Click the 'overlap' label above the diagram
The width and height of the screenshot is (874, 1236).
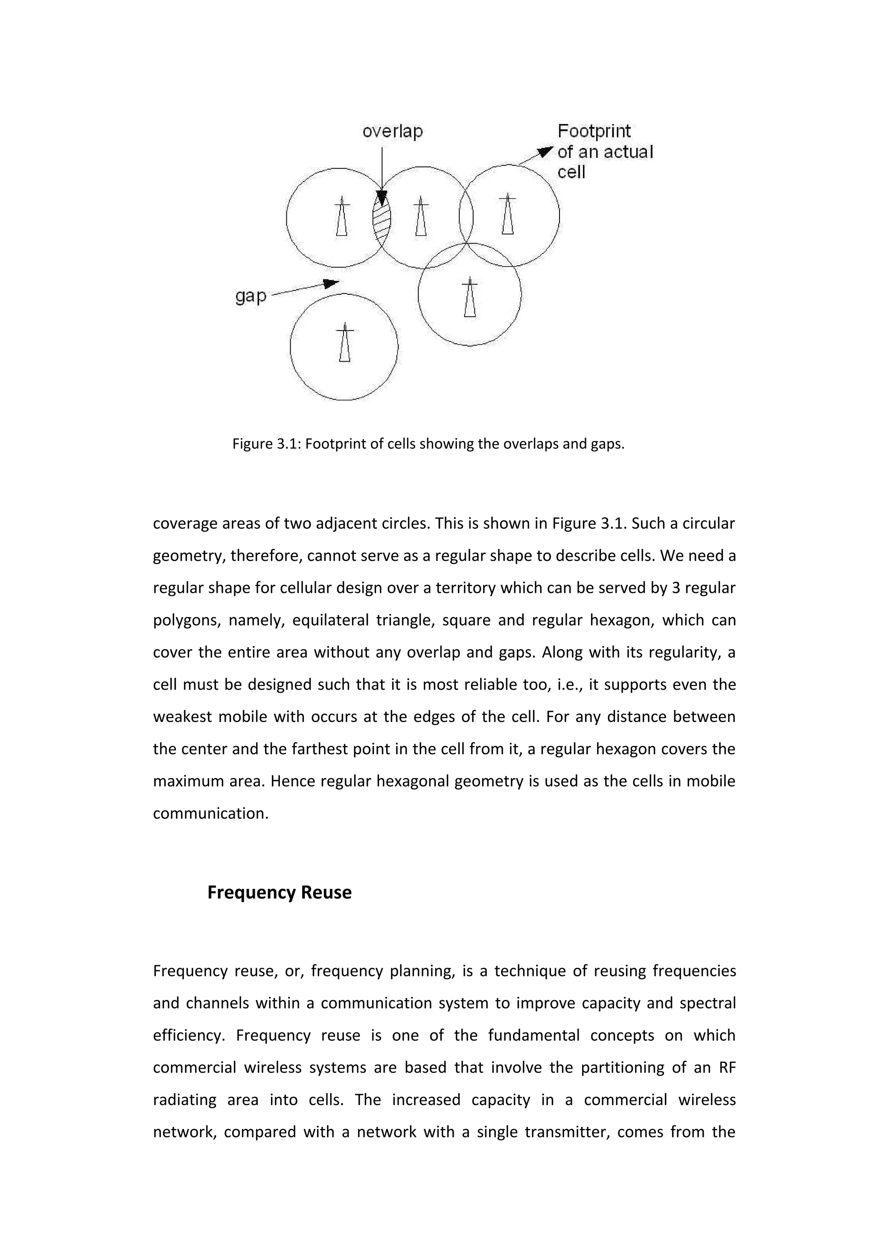pos(392,131)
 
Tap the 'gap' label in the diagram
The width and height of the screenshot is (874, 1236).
pos(251,296)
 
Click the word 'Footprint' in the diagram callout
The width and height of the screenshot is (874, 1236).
pos(594,131)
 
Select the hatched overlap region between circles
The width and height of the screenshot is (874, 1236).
pos(381,218)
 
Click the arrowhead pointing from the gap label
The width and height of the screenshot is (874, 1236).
pos(331,283)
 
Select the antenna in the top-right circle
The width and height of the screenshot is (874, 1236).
pos(507,215)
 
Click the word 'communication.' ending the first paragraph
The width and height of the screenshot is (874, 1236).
pos(210,813)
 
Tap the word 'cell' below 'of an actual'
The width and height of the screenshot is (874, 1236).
pos(571,172)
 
